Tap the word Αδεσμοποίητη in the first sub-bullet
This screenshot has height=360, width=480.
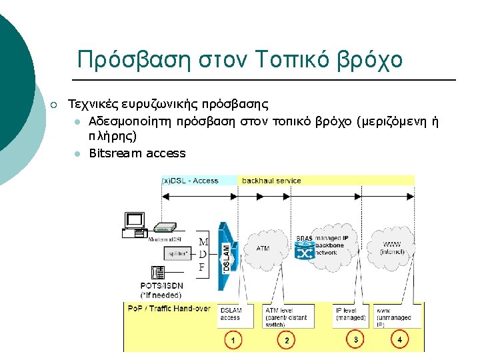128,121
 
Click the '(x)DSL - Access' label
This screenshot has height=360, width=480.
191,181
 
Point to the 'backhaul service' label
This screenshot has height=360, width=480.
271,181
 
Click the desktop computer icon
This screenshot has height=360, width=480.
135,224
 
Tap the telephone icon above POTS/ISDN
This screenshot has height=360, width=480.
159,272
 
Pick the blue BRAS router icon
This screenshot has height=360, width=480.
305,252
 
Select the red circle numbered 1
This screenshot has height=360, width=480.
233,341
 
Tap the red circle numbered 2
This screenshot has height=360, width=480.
286,341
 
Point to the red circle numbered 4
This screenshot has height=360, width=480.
399,339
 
